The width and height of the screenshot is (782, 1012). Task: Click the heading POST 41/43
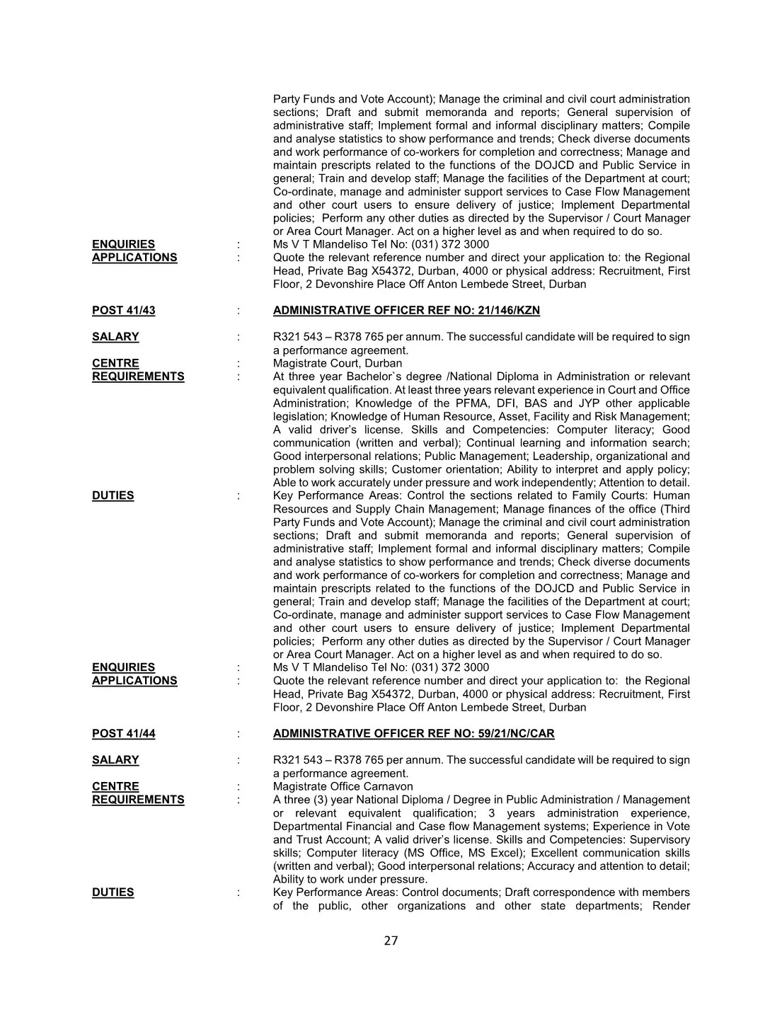(123, 311)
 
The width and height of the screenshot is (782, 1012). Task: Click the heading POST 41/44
(123, 734)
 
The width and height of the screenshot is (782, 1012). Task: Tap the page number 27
(391, 941)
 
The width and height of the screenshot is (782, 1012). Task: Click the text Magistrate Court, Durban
(338, 364)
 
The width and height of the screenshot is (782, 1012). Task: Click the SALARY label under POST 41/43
(115, 337)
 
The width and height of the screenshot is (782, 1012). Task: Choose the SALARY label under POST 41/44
(115, 760)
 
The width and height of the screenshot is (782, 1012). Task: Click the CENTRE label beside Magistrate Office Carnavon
(115, 787)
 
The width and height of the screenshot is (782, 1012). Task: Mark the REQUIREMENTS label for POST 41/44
(138, 800)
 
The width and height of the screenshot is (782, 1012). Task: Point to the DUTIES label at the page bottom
(113, 892)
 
